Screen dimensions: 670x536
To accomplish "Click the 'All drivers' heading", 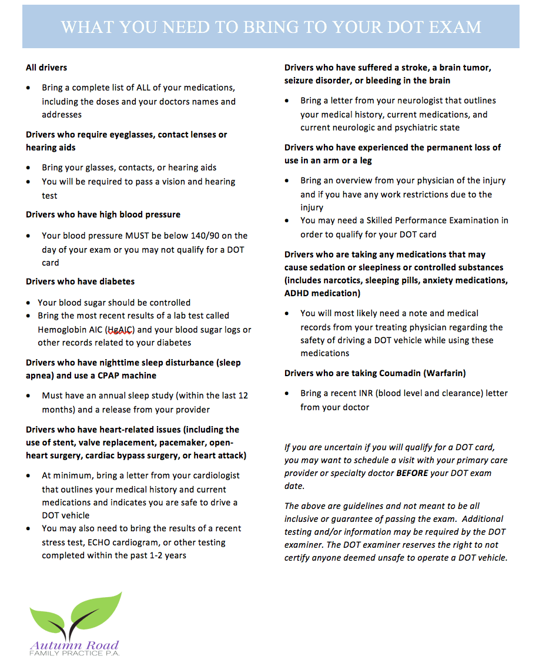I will (46, 68).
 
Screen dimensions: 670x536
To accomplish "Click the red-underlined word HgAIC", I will (121, 330).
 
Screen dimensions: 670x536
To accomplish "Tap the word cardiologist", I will (204, 475).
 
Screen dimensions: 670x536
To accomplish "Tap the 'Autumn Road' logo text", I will (75, 645).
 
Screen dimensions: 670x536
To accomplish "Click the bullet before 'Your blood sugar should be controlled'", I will (29, 303).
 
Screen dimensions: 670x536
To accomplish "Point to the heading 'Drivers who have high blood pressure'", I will (103, 215).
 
